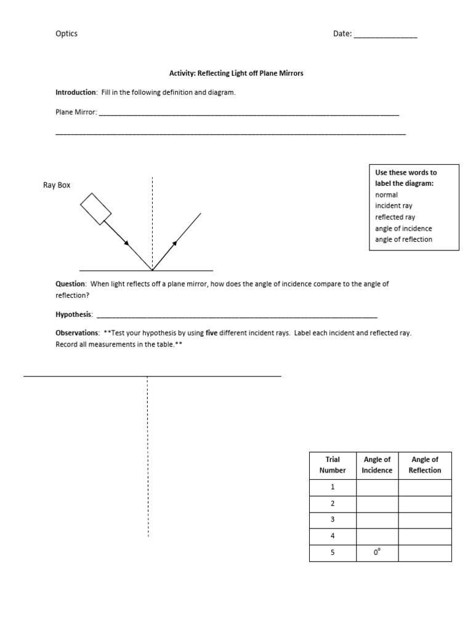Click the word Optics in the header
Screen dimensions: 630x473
point(67,34)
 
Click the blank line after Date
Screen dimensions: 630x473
point(385,36)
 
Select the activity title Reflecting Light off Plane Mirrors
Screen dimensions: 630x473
point(236,73)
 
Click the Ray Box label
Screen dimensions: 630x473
point(57,185)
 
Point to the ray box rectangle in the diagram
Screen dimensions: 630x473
point(95,209)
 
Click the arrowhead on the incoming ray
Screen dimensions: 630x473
point(126,243)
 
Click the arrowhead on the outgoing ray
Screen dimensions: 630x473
point(175,242)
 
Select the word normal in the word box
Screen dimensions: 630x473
point(386,195)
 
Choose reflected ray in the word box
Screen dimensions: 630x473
point(395,217)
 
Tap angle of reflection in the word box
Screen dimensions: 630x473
point(403,239)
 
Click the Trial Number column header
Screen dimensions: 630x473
point(333,465)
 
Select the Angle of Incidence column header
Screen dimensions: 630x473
point(377,465)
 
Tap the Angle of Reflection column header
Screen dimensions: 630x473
point(424,465)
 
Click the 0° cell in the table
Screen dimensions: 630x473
point(377,552)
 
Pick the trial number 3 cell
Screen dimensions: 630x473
point(333,520)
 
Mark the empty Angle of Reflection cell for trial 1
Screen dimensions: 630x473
point(424,487)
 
